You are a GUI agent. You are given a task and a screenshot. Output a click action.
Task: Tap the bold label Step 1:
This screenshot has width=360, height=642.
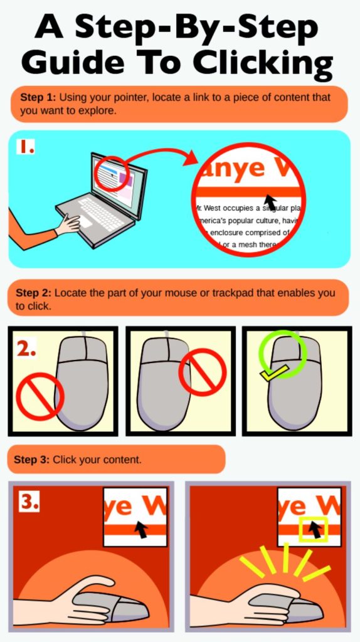(x=38, y=97)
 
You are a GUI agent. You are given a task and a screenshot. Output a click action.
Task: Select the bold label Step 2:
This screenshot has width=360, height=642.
(x=34, y=293)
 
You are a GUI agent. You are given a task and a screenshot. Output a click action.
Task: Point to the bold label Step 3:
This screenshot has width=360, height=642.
(x=32, y=460)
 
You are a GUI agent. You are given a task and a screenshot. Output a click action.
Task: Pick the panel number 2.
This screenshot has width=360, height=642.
(x=26, y=349)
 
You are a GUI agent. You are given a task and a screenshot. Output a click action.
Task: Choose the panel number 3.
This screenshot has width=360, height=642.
(x=29, y=502)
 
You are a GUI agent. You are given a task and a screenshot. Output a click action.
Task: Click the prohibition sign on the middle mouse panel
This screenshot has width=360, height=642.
(x=203, y=372)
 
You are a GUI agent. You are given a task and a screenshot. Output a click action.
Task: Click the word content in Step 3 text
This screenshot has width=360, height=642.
(x=124, y=460)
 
